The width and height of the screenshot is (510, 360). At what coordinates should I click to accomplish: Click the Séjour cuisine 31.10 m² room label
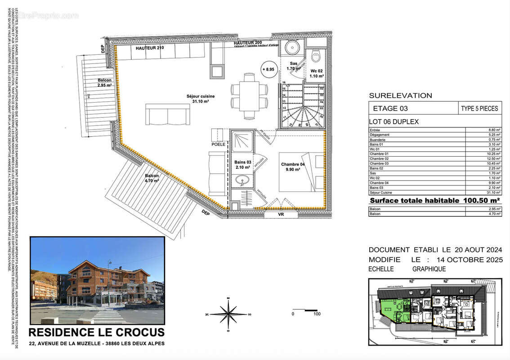(x=201, y=99)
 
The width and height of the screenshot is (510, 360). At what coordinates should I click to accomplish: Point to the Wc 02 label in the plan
(x=316, y=73)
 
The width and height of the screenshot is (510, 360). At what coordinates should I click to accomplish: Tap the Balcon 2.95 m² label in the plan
(x=104, y=82)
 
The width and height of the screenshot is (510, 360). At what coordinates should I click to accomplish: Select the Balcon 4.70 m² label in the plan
(x=152, y=178)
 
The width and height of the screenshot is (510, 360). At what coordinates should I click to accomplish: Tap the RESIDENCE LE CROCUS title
(x=97, y=333)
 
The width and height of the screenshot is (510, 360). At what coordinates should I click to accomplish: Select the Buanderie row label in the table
(x=378, y=139)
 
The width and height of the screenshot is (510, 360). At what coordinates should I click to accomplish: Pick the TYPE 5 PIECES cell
(x=479, y=108)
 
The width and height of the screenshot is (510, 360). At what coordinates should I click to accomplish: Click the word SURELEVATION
(x=400, y=95)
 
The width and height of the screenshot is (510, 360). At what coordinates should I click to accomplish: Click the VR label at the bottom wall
(x=281, y=215)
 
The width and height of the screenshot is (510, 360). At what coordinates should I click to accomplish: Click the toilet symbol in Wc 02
(x=315, y=56)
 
